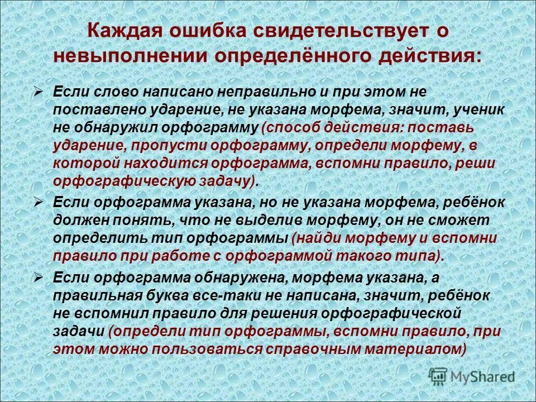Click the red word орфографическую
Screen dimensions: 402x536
(123, 181)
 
